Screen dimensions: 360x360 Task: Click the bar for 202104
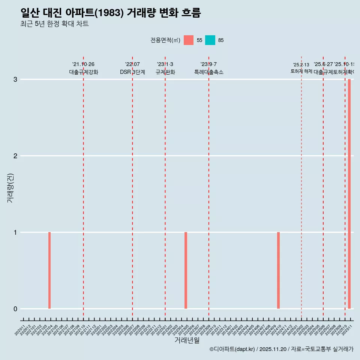(x=49, y=270)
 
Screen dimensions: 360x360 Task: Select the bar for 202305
(x=186, y=270)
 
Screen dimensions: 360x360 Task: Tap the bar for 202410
(x=278, y=270)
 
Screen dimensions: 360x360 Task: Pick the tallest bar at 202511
(x=349, y=194)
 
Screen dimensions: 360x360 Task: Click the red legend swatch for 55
(x=189, y=40)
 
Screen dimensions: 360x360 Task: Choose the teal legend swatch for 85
(x=210, y=40)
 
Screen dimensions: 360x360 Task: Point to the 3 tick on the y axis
(x=15, y=79)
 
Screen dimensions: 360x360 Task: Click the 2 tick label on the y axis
(x=15, y=156)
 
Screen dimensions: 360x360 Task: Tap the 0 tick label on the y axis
(x=15, y=309)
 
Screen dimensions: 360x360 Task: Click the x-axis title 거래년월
(x=187, y=340)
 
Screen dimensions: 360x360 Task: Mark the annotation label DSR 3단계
(x=132, y=72)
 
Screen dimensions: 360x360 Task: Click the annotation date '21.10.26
(x=83, y=64)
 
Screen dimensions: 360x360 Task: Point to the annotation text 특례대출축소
(x=209, y=72)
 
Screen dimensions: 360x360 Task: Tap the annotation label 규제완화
(x=165, y=72)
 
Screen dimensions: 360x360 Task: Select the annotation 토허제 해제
(x=301, y=71)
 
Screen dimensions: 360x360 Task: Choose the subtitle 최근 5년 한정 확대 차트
(x=55, y=24)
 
